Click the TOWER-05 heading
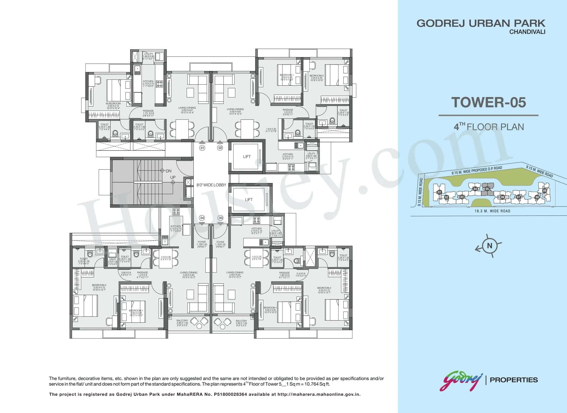point(488,102)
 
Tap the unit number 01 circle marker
point(202,148)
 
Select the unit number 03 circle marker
point(220,218)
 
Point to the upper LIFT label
point(247,157)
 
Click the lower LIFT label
point(249,200)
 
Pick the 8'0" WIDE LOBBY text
point(211,185)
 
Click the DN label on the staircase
point(169,171)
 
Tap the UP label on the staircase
point(173,177)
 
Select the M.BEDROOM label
point(113,104)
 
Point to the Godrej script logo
point(461,380)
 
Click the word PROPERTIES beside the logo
point(514,380)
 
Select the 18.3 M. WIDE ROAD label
point(492,211)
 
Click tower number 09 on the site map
point(545,191)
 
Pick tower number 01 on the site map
point(439,192)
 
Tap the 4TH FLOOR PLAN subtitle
point(489,127)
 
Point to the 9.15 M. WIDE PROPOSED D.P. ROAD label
point(477,171)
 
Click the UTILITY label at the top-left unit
point(149,54)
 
